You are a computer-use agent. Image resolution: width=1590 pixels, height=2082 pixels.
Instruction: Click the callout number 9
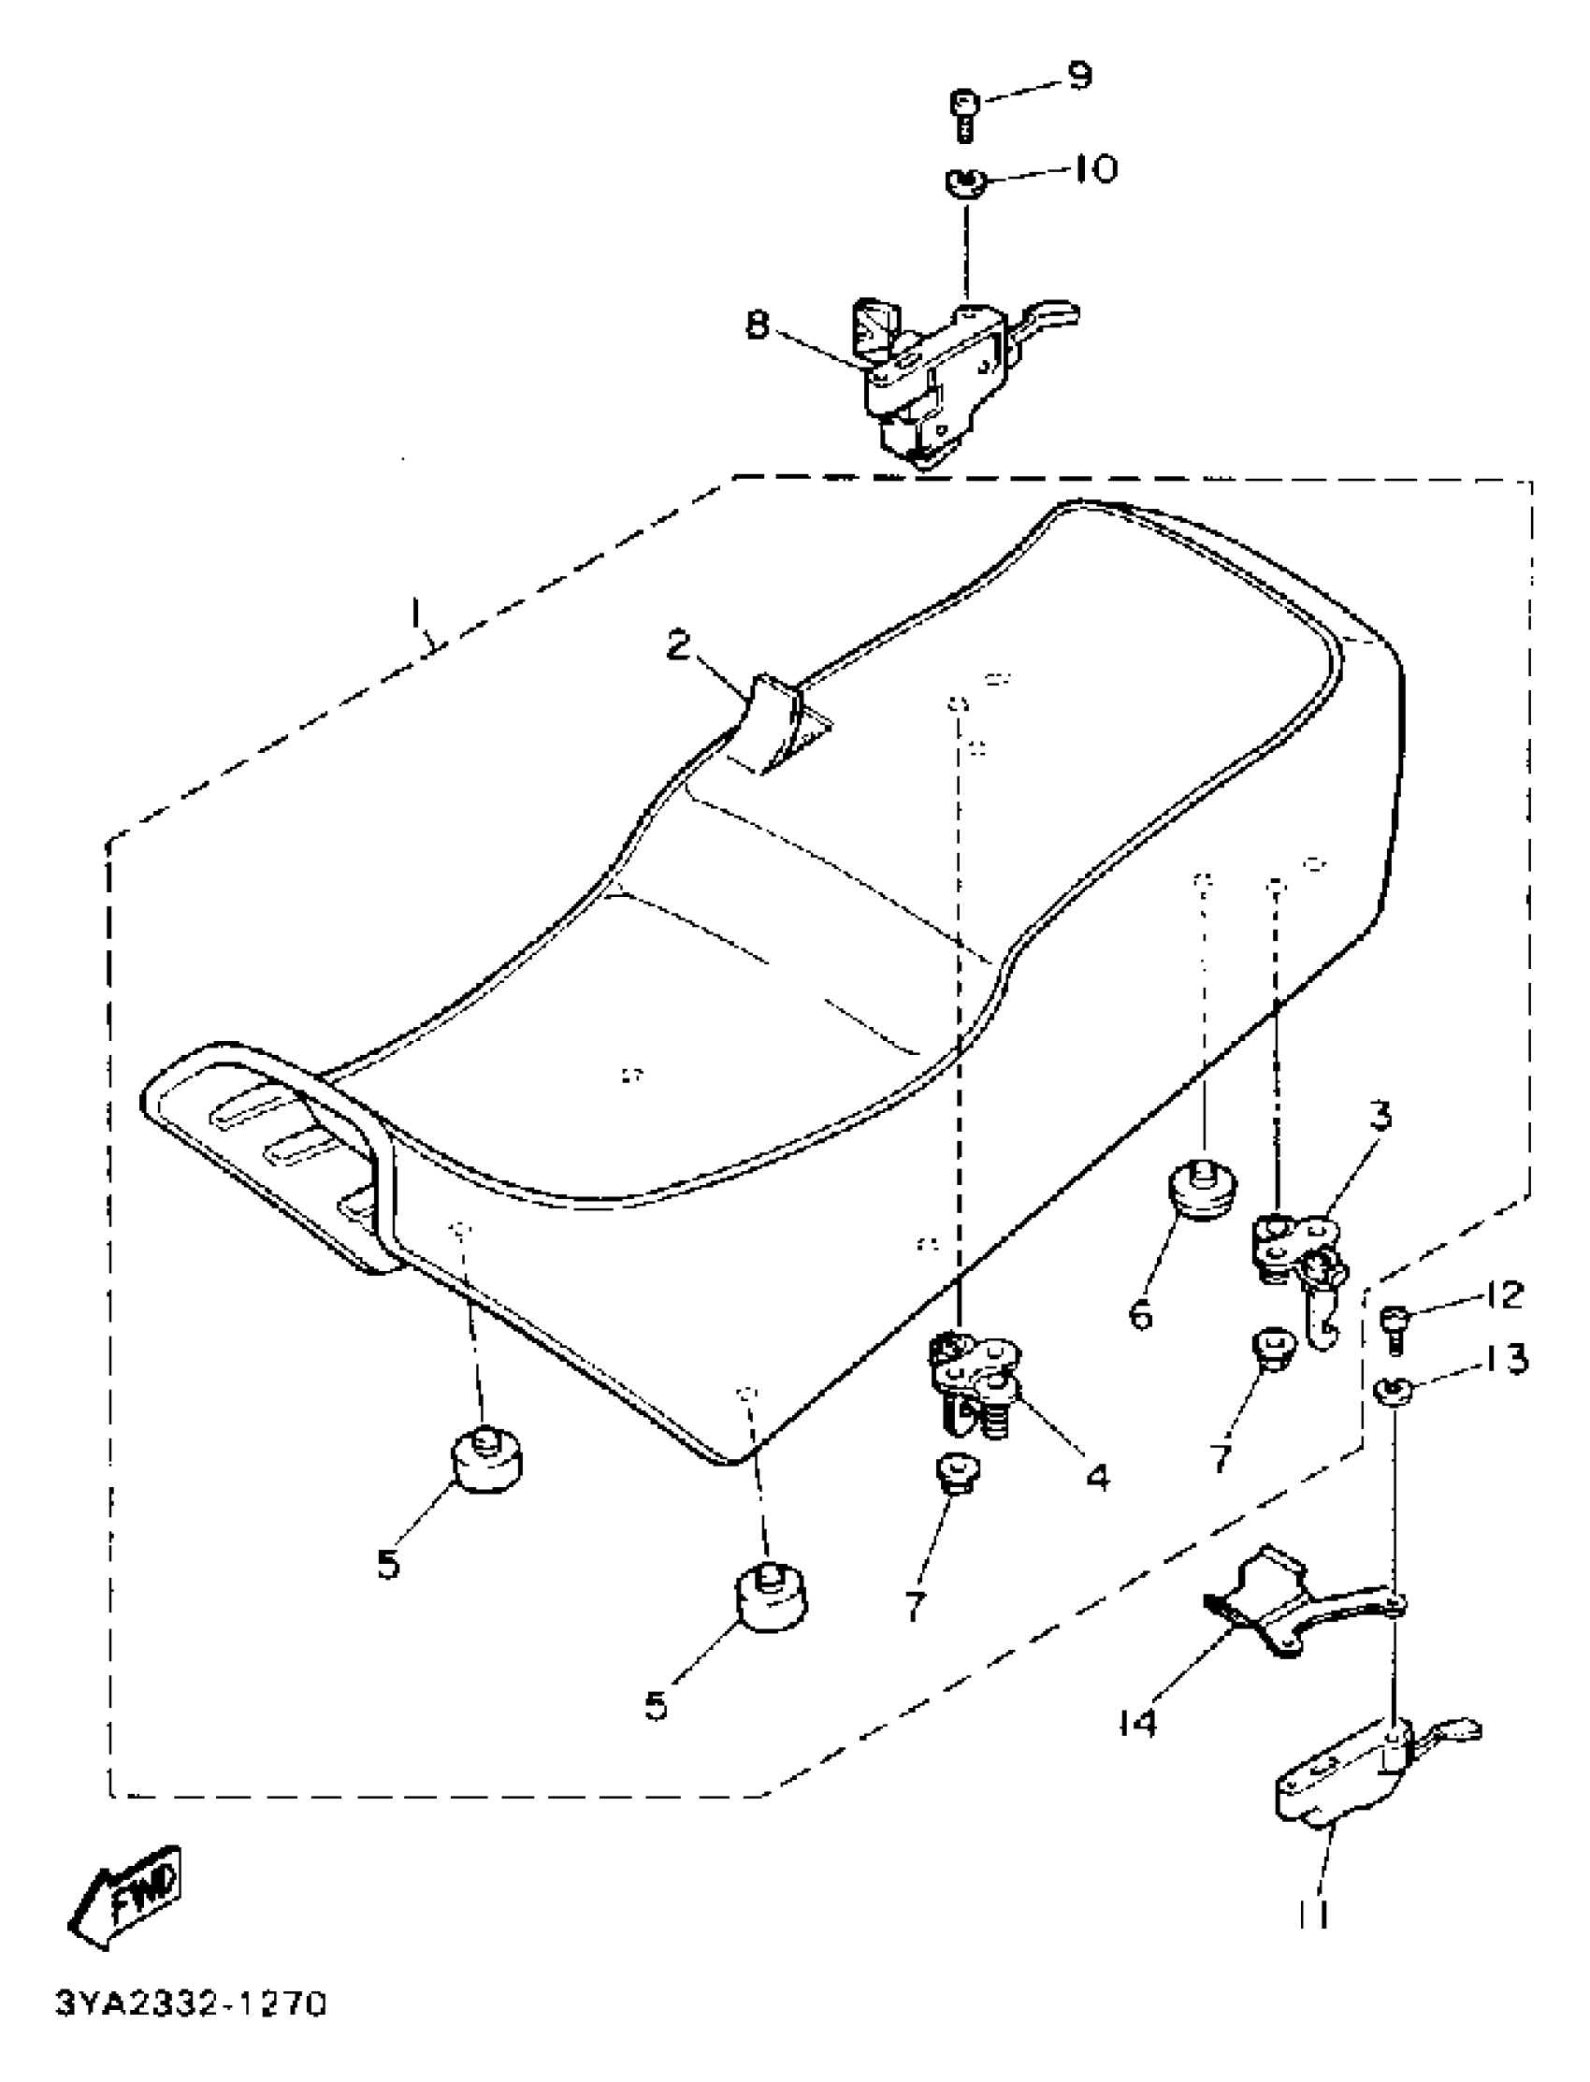(1077, 76)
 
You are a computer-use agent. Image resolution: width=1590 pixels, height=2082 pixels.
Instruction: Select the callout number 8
(757, 327)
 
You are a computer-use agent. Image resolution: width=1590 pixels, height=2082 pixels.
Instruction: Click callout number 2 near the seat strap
(679, 645)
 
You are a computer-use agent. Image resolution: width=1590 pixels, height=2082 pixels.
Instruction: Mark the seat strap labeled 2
(772, 724)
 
